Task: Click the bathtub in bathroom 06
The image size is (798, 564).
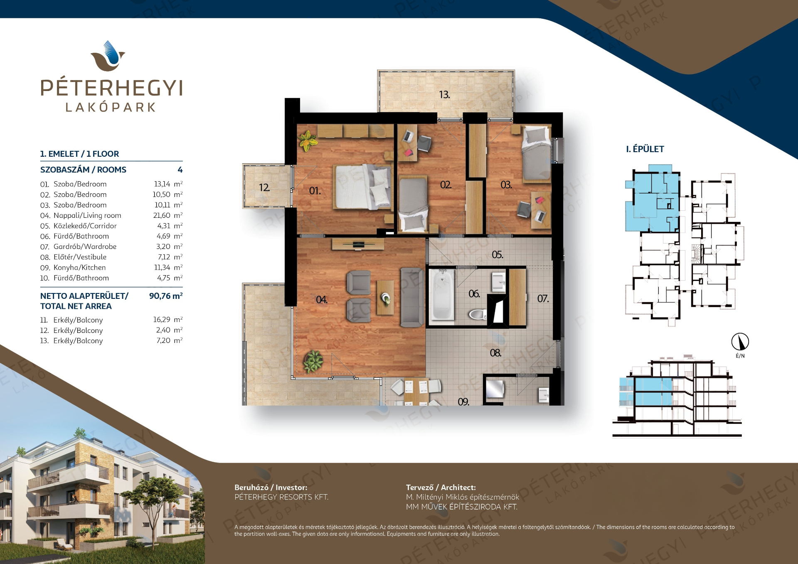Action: click(443, 295)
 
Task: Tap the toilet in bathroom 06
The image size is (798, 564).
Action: click(478, 315)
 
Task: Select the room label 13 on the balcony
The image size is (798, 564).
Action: click(444, 95)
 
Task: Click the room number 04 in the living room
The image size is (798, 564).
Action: click(321, 300)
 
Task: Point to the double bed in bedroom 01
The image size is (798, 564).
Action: click(362, 186)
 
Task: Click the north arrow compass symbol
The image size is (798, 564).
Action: click(740, 342)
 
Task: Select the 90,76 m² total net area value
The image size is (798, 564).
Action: click(166, 296)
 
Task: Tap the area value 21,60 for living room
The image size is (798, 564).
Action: click(162, 215)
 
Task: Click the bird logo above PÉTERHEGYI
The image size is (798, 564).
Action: click(108, 56)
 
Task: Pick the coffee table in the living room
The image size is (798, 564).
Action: click(385, 298)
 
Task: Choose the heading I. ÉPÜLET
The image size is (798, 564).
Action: click(645, 149)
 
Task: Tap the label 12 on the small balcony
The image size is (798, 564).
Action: click(264, 188)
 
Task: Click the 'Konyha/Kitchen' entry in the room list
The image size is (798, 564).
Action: click(79, 268)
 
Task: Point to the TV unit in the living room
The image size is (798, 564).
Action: click(358, 244)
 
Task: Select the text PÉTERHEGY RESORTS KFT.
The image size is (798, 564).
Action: click(281, 497)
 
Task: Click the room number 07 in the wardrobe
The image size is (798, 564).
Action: click(543, 298)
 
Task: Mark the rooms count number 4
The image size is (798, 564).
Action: click(180, 170)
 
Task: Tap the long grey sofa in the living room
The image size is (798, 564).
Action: click(412, 297)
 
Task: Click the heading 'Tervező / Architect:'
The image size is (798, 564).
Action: click(441, 488)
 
